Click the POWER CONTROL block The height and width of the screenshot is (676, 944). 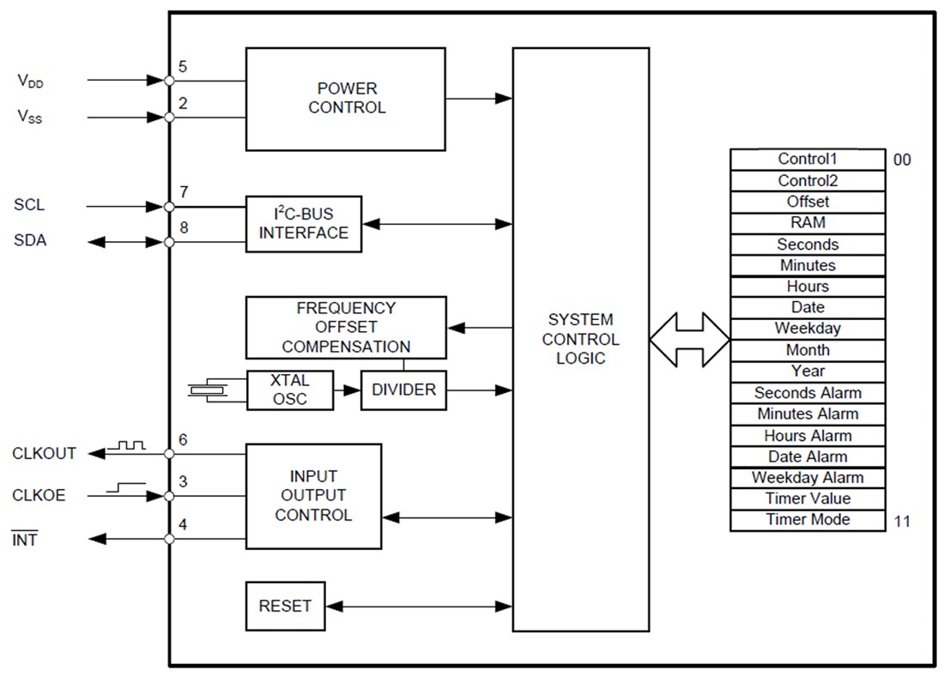click(x=345, y=99)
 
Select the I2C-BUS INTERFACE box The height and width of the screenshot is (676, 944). click(x=303, y=224)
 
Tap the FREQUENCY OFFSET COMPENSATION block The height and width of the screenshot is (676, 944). click(x=346, y=328)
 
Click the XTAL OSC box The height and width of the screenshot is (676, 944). click(x=289, y=389)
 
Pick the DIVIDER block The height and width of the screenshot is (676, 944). click(x=403, y=389)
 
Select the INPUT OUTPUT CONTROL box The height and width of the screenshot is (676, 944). click(x=313, y=496)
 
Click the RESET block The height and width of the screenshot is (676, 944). click(x=285, y=606)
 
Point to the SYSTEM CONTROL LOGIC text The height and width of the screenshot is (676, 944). click(x=580, y=339)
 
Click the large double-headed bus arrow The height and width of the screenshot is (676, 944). click(x=689, y=339)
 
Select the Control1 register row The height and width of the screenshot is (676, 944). click(x=807, y=160)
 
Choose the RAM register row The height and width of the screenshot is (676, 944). click(x=807, y=223)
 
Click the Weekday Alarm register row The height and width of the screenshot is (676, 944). click(x=807, y=478)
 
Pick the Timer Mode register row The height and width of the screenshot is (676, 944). click(x=807, y=520)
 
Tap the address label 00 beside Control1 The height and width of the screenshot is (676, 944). click(x=902, y=160)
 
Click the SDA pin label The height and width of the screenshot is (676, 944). click(x=30, y=241)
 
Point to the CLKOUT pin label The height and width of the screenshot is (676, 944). click(x=44, y=454)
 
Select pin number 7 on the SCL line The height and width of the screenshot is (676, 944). click(x=184, y=191)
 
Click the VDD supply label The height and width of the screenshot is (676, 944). click(x=30, y=81)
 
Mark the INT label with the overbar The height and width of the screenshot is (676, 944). click(x=25, y=540)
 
